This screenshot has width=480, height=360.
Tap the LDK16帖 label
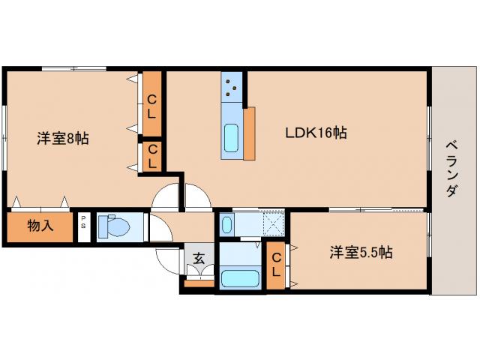(315, 133)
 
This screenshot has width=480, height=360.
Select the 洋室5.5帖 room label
(361, 253)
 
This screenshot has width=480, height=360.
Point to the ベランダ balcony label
(451, 169)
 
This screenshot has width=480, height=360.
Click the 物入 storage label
(40, 225)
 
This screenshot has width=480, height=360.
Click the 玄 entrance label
(199, 259)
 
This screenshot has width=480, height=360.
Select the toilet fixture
(116, 226)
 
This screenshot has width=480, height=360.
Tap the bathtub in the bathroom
(240, 279)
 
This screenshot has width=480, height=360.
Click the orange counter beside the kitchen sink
(249, 133)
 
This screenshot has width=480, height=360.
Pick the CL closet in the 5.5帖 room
(276, 265)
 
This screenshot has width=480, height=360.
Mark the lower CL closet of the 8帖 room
(152, 156)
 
